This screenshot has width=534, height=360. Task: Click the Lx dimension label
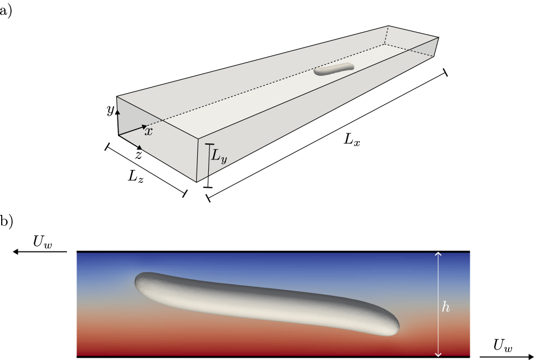pos(352,140)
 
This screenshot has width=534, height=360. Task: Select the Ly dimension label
pos(219,157)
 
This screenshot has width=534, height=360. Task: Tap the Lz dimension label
pos(136,177)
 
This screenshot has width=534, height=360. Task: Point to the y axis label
pos(110,110)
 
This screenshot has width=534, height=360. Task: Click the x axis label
pos(148,131)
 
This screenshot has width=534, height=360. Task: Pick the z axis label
pos(138,156)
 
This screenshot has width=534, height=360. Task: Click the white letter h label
pos(446,307)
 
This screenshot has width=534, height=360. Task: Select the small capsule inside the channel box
pos(333,69)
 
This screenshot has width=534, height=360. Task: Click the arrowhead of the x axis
pos(145,127)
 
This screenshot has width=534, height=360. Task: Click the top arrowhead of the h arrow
pos(439,254)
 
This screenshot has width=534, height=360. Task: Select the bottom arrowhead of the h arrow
pos(439,354)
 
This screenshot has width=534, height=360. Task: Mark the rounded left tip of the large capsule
pos(137,281)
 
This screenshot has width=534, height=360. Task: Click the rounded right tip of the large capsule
pos(397,327)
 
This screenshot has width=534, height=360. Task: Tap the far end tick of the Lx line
pos(445,73)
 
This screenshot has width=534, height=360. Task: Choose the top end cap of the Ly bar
pos(209,145)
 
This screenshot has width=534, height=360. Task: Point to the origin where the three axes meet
pos(119,135)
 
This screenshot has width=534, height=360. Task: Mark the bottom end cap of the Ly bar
pos(208,188)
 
